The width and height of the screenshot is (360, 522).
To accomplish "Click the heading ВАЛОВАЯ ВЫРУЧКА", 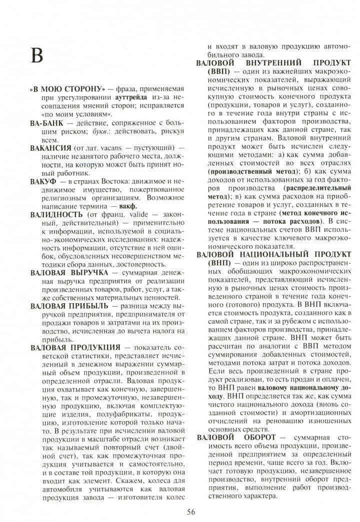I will point(69,273).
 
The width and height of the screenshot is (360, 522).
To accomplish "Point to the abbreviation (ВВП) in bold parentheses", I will point(207,72).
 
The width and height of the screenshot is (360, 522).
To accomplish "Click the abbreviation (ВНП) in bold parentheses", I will point(207,263).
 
